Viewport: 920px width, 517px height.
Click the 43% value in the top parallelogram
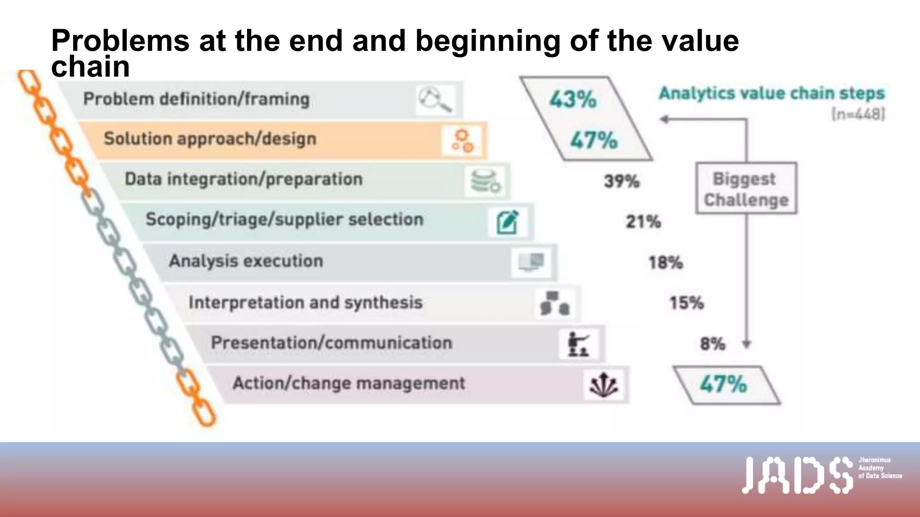[573, 99]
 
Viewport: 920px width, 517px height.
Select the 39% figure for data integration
[621, 181]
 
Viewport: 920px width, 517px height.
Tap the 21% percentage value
[643, 222]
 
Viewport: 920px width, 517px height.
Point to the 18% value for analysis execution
[665, 263]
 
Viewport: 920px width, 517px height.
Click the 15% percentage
[686, 303]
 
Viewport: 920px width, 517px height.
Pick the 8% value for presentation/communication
[712, 344]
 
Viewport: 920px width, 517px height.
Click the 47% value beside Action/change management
[723, 385]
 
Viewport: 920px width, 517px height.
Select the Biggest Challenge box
[746, 188]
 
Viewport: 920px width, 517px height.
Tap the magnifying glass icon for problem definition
[434, 100]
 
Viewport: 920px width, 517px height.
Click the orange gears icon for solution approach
[463, 140]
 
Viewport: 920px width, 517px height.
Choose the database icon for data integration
[486, 181]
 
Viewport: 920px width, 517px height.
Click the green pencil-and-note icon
[508, 222]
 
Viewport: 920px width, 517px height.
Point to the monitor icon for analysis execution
[531, 262]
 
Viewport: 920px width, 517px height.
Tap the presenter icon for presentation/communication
[578, 344]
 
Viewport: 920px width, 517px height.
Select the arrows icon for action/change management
[603, 385]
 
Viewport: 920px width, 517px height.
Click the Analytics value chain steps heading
[771, 93]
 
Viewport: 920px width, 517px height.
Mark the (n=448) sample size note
[858, 114]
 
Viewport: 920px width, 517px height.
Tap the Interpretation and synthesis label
[305, 302]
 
